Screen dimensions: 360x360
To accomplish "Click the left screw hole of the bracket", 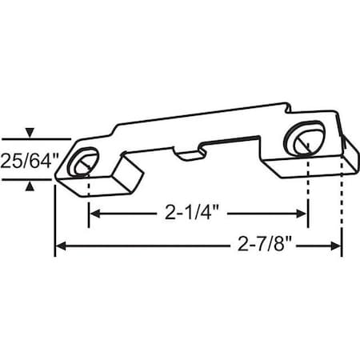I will coord(81,164).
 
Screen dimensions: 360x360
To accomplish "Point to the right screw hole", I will coord(306,140).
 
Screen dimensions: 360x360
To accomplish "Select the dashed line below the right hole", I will coord(308,184).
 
